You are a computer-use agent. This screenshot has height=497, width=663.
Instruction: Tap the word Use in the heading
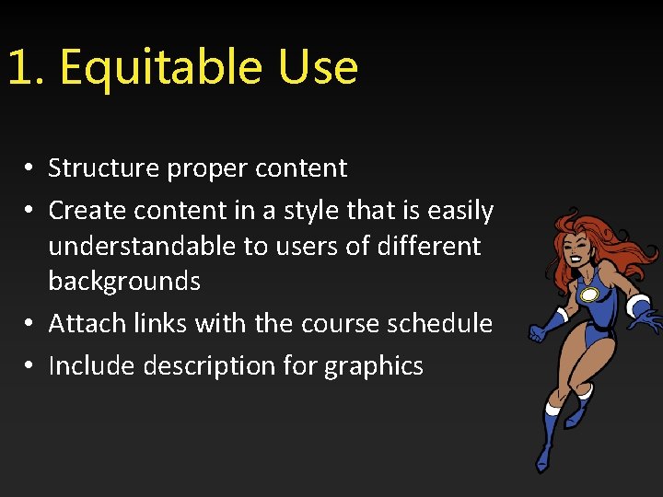click(315, 68)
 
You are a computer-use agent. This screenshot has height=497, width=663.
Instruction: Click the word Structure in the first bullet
click(104, 168)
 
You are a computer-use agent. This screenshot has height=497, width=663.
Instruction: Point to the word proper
click(208, 169)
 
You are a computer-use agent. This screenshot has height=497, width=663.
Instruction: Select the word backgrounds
click(124, 281)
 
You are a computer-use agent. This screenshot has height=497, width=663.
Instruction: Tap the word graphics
click(374, 367)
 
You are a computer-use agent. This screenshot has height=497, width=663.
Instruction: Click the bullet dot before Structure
click(30, 169)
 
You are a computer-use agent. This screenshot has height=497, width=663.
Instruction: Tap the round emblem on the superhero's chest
click(589, 295)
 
